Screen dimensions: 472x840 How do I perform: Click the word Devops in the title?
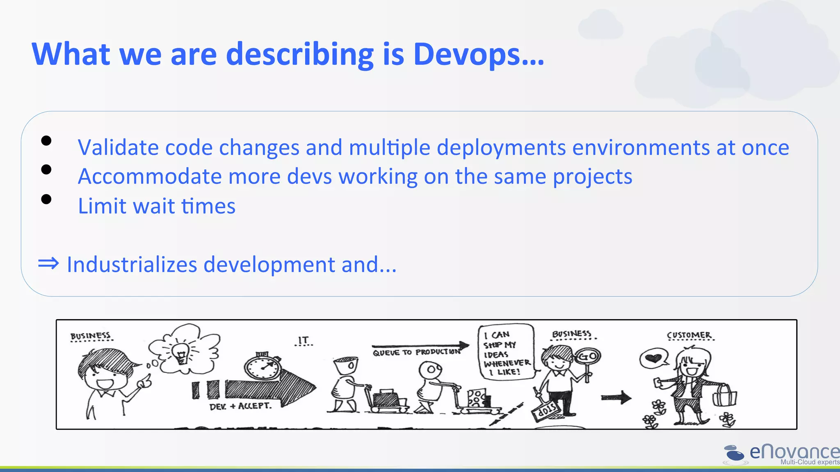[x=478, y=54]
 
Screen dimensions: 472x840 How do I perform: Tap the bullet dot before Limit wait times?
[x=46, y=199]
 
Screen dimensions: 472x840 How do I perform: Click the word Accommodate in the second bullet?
[x=150, y=177]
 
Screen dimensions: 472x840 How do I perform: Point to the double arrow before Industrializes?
[x=48, y=263]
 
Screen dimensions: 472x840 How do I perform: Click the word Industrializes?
[x=132, y=264]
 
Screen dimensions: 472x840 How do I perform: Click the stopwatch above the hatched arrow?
[x=263, y=367]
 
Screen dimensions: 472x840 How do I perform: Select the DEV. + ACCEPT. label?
[x=240, y=406]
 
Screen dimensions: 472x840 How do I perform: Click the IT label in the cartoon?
[x=304, y=340]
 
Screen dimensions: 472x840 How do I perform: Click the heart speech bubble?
[x=653, y=359]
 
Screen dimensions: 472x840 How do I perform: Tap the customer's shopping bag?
[x=724, y=396]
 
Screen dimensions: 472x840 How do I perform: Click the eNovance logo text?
[x=794, y=452]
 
